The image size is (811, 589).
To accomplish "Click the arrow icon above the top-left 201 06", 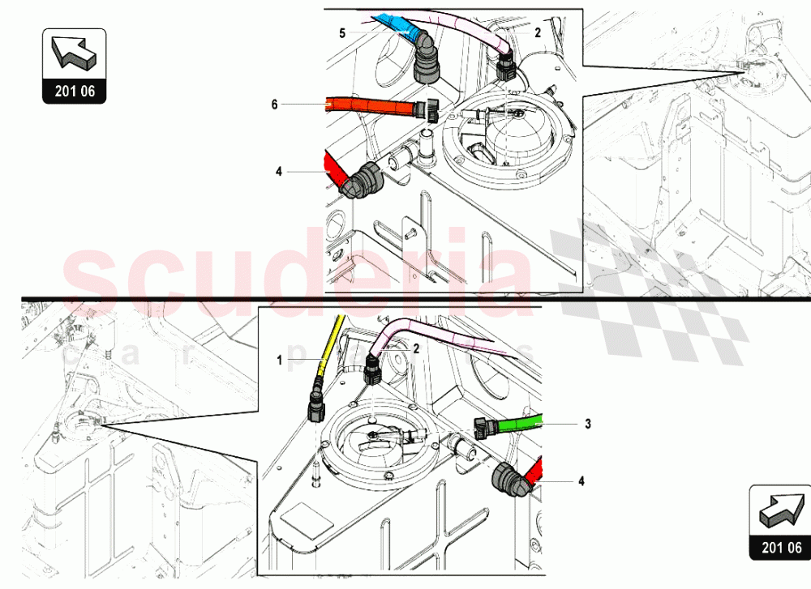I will click(74, 53).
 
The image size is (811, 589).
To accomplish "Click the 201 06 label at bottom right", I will click(779, 548).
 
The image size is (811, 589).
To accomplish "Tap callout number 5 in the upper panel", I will click(342, 32).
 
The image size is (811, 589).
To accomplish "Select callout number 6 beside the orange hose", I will click(274, 104).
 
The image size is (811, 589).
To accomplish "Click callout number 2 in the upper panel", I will click(537, 32).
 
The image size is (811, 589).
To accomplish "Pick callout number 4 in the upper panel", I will click(278, 171).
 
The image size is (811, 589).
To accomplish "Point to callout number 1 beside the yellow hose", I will click(279, 361).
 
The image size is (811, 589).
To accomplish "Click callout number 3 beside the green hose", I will click(587, 423).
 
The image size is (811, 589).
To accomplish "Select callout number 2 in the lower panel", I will click(416, 348).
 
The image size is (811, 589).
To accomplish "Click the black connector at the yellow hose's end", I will click(316, 401).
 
